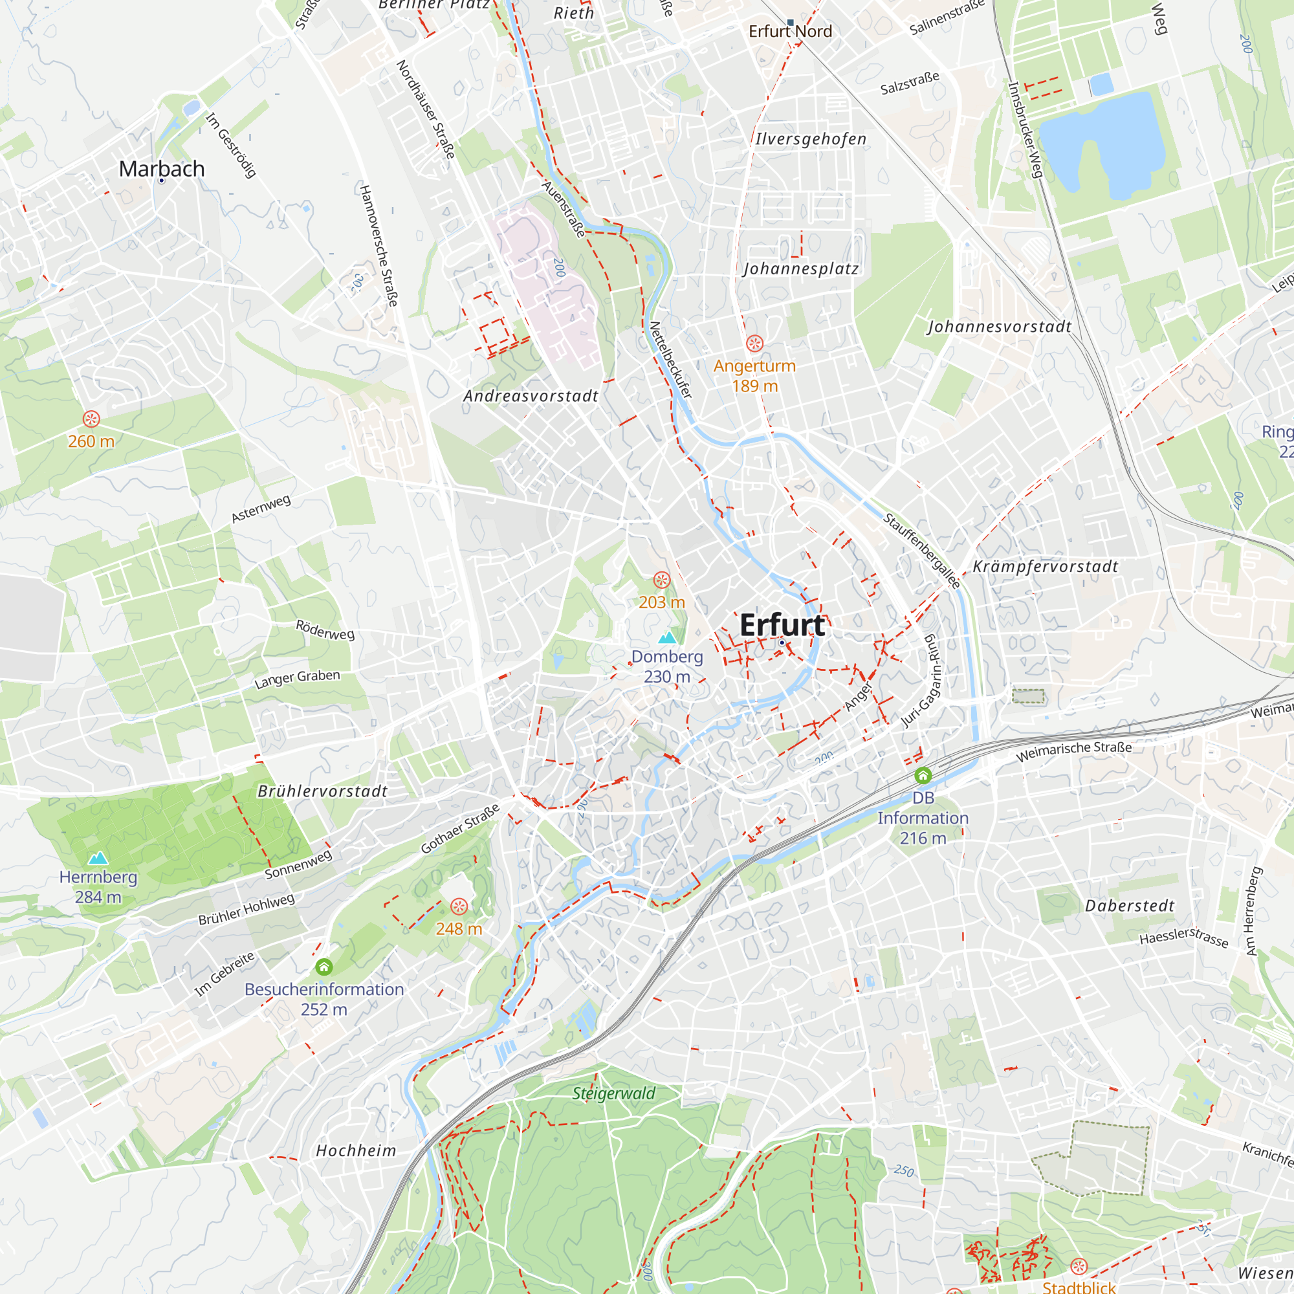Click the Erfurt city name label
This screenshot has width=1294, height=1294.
pos(782,625)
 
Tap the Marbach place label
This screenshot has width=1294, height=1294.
pos(161,169)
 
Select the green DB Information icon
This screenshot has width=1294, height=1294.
pos(923,776)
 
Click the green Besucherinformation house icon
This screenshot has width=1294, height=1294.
pos(324,967)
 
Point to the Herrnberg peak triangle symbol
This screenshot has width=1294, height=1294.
pos(98,858)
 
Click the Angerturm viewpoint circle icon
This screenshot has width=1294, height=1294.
pos(755,344)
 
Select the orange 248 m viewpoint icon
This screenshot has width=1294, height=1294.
pos(459,907)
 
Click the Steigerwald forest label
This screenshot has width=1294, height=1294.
pos(613,1093)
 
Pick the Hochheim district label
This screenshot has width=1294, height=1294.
pos(356,1150)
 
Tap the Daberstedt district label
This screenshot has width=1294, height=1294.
pos(1130,906)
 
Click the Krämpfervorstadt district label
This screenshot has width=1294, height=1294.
pos(1046,567)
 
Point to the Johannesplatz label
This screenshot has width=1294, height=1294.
pos(801,269)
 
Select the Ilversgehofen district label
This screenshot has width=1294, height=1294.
pos(811,138)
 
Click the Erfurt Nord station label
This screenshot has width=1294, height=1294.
pos(791,32)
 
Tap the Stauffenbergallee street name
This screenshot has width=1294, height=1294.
pos(921,551)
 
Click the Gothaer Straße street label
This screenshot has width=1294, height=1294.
pos(460,829)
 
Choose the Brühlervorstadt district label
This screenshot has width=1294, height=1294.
pos(323,791)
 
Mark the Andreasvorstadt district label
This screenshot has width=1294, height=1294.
pos(531,396)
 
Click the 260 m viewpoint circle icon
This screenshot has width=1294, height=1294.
pos(92,419)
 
